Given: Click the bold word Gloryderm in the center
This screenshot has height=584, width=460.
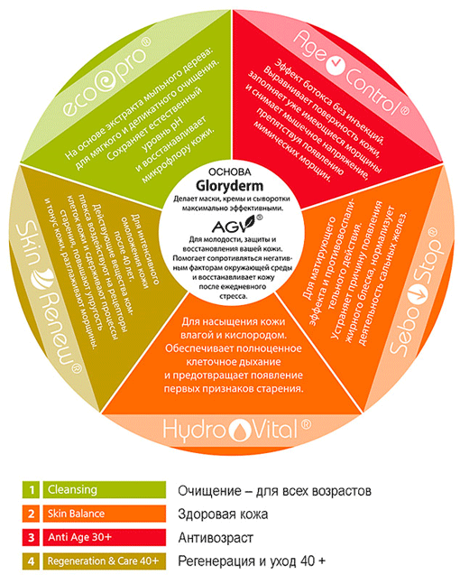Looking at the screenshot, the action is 230,185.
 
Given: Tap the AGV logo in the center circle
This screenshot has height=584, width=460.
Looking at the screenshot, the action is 236,224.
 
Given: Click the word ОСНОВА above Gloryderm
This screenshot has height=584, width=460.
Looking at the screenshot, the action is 230,172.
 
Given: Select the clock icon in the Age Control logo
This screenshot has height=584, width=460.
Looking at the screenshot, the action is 336,66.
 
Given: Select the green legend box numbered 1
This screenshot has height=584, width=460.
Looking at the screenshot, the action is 32,490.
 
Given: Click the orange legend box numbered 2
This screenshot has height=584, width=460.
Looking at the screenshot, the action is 32,514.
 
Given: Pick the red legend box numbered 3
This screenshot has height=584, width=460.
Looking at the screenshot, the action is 32,537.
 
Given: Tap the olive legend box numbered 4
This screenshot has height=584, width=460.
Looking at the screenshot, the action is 32,561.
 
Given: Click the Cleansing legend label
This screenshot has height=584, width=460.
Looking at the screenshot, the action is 72,490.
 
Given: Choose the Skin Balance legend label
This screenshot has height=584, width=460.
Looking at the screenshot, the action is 77,514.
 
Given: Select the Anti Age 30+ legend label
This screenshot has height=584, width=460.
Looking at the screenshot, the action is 79,537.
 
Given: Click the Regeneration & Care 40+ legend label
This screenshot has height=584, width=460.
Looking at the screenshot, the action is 103,561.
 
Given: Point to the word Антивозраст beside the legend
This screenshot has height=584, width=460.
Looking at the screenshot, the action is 216,538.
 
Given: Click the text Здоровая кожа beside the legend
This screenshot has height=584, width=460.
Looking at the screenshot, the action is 223,514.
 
